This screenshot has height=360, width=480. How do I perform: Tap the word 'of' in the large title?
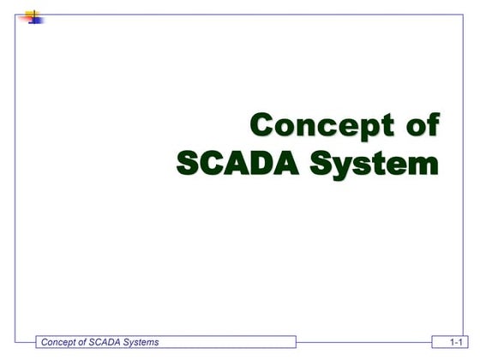pyautogui.click(x=420, y=125)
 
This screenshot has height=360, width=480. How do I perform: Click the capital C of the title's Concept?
pyautogui.click(x=263, y=125)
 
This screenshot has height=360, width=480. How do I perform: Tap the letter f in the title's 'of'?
pyautogui.click(x=431, y=124)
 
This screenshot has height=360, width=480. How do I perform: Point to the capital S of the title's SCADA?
pyautogui.click(x=188, y=163)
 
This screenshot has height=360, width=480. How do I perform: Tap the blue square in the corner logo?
pyautogui.click(x=35, y=20)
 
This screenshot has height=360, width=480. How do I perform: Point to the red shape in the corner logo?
pyautogui.click(x=25, y=18)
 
